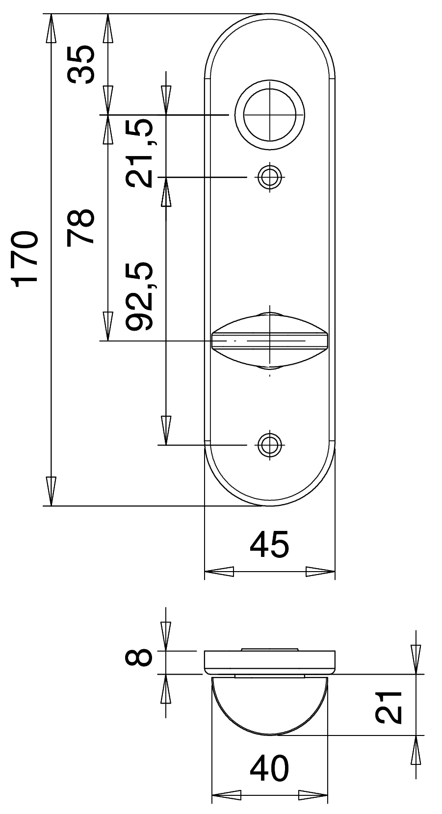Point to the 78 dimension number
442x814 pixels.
click(80, 226)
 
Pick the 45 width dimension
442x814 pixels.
click(269, 545)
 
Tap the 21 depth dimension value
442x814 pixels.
click(389, 707)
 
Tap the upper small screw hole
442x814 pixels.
click(269, 177)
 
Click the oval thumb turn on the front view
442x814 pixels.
click(269, 341)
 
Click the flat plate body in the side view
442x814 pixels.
click(269, 662)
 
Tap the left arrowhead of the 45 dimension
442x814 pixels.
click(219, 572)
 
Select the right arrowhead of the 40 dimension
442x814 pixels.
click(313, 795)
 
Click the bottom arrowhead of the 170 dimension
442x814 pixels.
click(51, 491)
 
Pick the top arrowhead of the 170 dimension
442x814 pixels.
click(51, 28)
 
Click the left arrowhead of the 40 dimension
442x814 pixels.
click(226, 795)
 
